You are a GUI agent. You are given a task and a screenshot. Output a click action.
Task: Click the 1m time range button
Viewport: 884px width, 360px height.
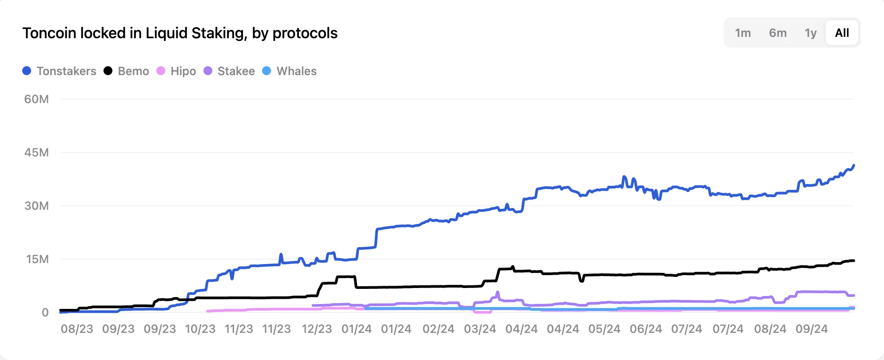[743, 33]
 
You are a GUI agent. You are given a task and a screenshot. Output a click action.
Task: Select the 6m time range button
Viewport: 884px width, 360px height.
[778, 33]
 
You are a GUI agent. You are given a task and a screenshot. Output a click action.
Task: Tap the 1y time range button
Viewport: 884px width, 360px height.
[811, 33]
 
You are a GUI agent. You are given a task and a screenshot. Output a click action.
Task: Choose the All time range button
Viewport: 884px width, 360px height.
[842, 33]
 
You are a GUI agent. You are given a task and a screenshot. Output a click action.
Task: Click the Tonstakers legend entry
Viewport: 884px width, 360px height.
[60, 71]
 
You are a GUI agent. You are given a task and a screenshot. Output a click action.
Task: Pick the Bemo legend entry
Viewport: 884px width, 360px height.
[127, 71]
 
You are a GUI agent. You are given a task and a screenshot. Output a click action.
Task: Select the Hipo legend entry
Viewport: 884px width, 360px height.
[176, 71]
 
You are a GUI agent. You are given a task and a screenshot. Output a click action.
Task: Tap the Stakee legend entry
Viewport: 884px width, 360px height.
[229, 71]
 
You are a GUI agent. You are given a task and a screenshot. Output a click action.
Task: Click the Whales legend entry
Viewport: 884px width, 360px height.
[290, 71]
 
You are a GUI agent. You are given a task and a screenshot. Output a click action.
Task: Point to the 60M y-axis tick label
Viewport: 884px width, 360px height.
[36, 99]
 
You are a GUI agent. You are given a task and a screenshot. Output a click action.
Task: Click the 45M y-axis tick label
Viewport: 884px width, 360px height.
[36, 152]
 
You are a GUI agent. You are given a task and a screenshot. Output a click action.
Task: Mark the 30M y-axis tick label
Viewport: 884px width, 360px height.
[36, 206]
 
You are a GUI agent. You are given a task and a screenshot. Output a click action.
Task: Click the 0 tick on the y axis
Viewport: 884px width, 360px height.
[45, 312]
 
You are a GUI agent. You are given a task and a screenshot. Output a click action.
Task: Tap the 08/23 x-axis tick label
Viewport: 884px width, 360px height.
[77, 329]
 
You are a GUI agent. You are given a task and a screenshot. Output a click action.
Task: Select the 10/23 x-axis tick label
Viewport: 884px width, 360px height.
[200, 329]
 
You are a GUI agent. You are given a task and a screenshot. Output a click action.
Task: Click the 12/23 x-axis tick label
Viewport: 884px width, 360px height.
[317, 329]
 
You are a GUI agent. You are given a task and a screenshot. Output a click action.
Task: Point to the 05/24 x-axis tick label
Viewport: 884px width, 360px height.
[604, 329]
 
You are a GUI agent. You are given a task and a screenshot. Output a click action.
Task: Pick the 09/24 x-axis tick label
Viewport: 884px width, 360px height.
[812, 329]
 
